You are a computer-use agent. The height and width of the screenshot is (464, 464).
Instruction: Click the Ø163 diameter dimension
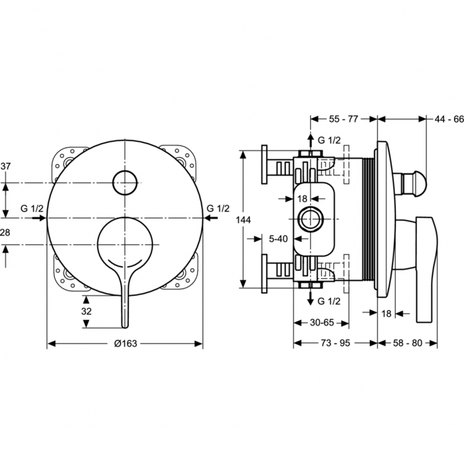point(125,344)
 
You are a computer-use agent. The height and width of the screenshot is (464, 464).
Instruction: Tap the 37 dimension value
point(6,166)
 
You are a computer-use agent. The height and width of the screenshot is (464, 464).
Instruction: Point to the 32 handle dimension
point(87,311)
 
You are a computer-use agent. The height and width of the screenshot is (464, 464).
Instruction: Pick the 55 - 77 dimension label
point(343,117)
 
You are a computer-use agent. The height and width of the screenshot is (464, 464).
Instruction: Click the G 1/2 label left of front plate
point(32,208)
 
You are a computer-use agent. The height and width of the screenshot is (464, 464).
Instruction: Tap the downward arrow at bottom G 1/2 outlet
point(310,299)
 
